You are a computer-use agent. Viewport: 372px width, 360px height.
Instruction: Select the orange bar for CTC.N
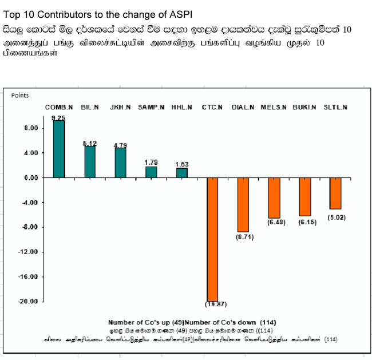click(212, 239)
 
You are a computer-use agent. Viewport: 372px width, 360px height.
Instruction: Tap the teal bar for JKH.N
click(120, 163)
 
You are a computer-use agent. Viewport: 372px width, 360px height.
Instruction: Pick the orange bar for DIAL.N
click(243, 205)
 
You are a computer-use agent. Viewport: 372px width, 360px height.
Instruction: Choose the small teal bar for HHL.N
click(181, 172)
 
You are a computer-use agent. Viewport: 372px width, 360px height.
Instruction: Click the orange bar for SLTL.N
click(335, 193)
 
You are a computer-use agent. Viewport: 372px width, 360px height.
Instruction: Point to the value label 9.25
click(58, 118)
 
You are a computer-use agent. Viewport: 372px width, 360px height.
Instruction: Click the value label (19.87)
click(212, 304)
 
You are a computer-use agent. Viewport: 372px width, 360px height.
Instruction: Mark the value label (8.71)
click(243, 236)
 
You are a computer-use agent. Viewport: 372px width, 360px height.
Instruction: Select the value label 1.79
click(151, 163)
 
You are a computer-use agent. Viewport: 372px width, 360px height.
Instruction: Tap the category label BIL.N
click(90, 107)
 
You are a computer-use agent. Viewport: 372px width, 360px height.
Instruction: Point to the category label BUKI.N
click(304, 107)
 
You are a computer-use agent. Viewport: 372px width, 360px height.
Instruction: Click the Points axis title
click(20, 96)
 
